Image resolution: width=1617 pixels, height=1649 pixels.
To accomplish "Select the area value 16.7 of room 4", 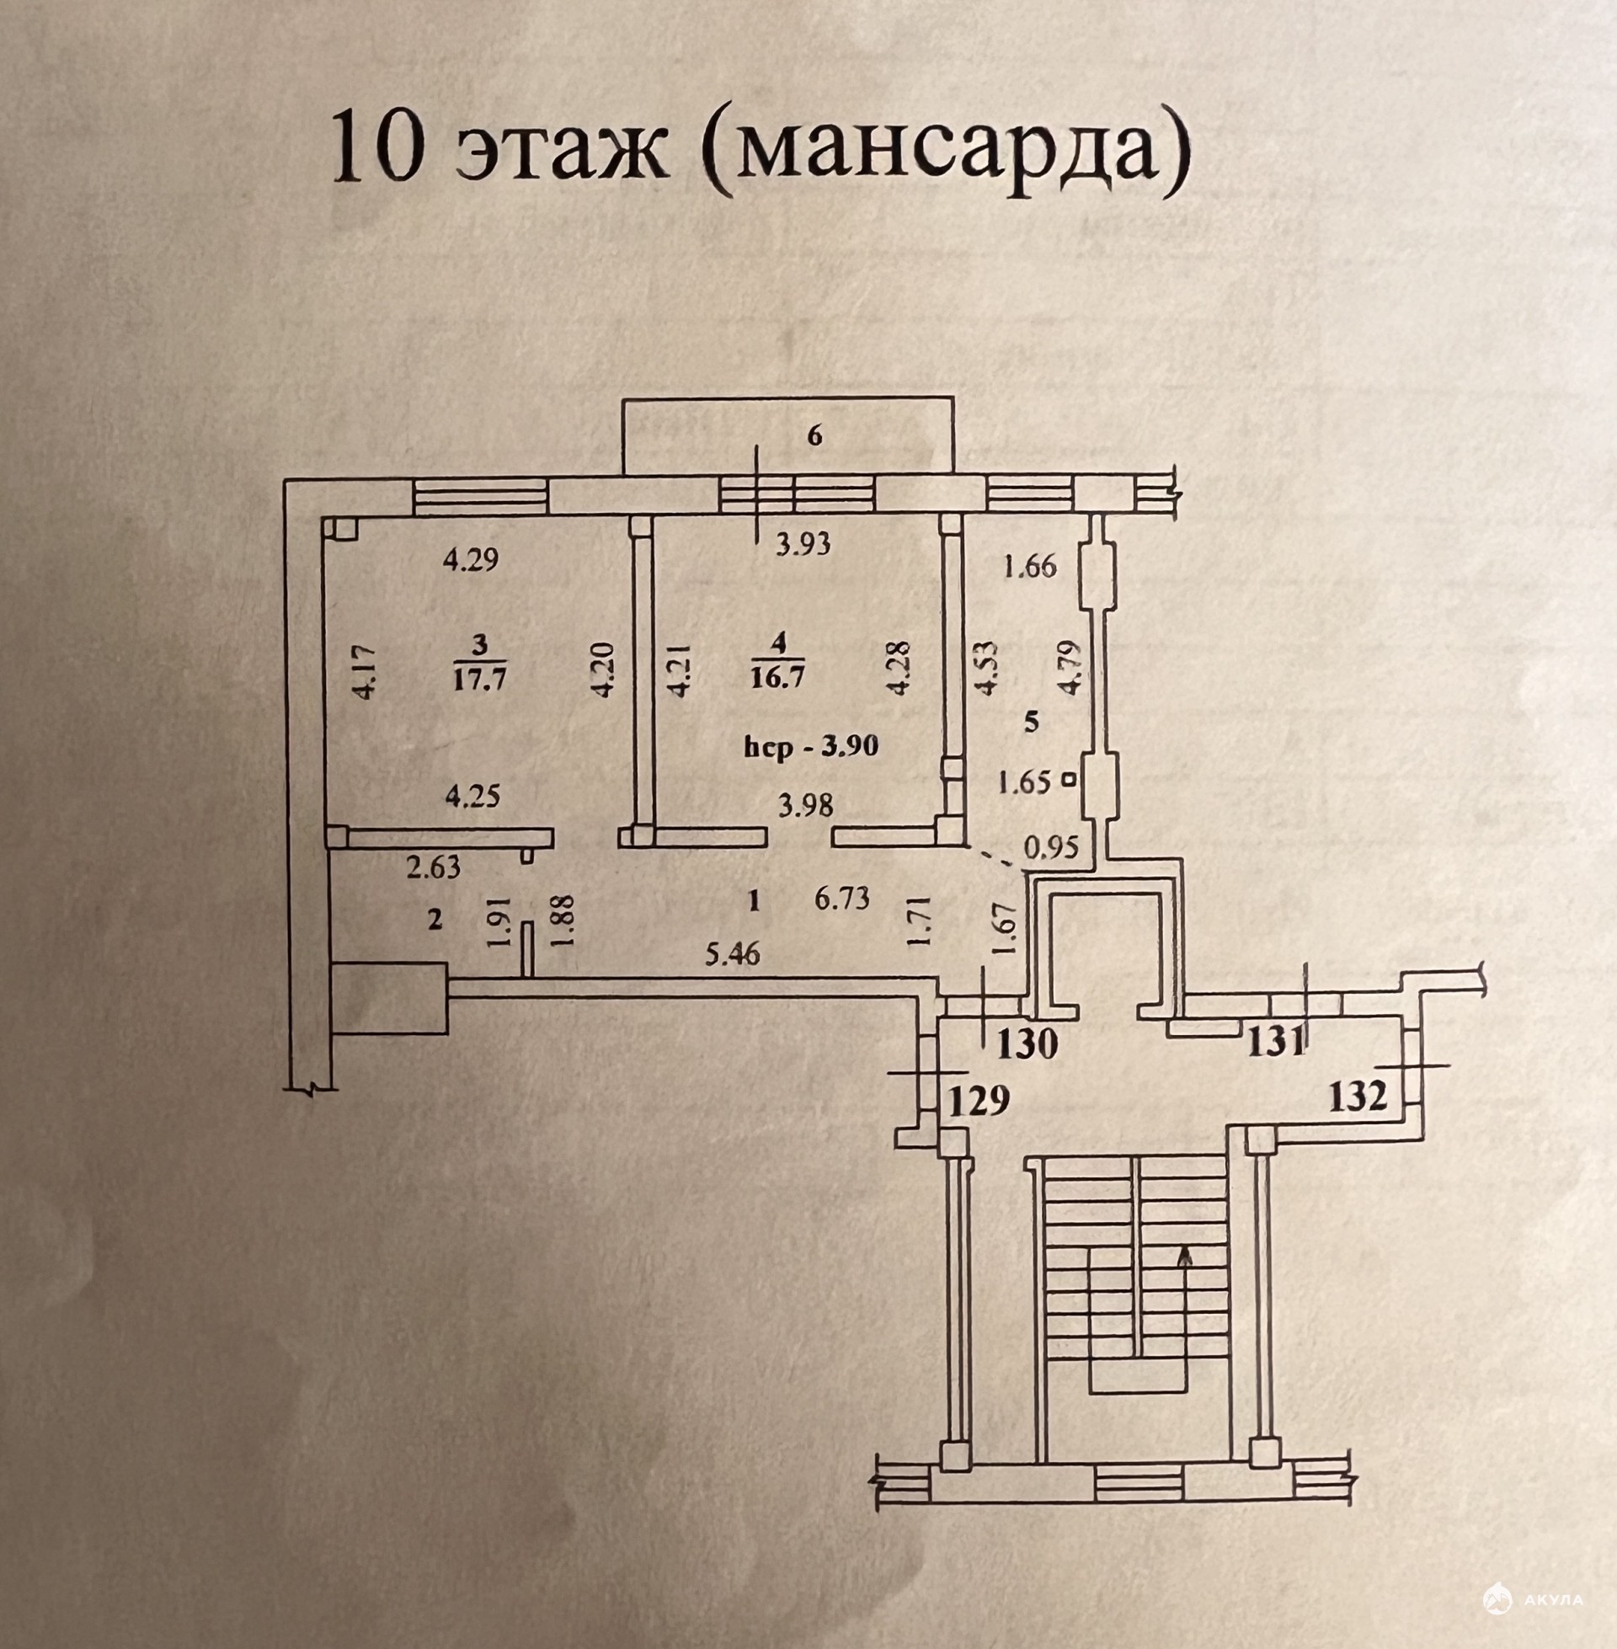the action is point(778,678).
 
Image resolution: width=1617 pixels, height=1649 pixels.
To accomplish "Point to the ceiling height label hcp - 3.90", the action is point(810,746).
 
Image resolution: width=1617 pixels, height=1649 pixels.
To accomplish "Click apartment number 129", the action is point(979,1101).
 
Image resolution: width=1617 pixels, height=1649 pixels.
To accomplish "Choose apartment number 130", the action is point(1027,1043).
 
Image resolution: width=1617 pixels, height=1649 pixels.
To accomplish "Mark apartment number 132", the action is point(1357,1097).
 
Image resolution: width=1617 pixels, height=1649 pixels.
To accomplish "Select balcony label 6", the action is point(814,436).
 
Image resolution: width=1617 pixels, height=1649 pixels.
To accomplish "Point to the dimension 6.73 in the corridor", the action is point(842,898).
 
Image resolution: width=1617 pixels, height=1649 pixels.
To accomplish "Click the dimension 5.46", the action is point(733,955).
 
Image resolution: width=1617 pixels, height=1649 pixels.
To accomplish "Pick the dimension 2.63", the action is point(434,867).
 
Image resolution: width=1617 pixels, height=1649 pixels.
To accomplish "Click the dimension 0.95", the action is point(1051,847).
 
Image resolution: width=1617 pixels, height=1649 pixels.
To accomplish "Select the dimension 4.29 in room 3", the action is point(471,559).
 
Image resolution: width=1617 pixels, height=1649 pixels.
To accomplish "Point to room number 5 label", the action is point(1032,723).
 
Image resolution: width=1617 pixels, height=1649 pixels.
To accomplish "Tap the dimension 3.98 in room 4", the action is point(806,803).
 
